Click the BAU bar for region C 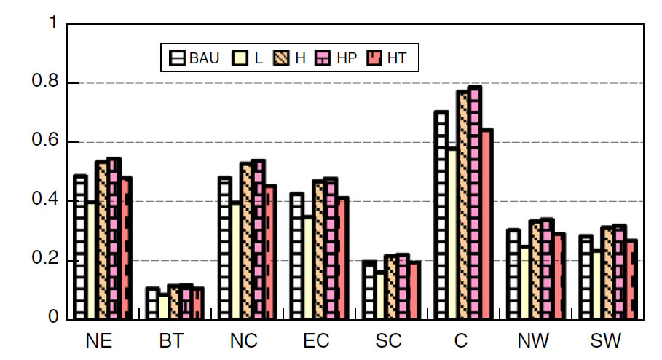[x=441, y=216]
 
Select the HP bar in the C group [x=475, y=203]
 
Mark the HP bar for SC [x=403, y=287]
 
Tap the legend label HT [x=397, y=58]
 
